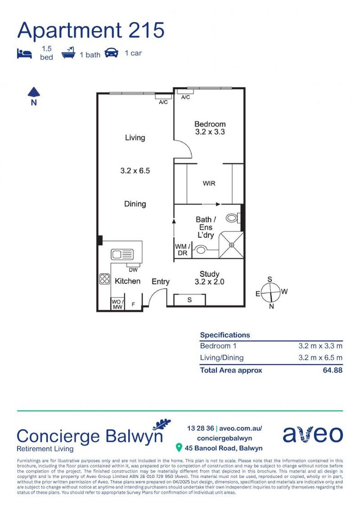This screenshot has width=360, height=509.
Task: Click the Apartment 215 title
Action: coord(91,30)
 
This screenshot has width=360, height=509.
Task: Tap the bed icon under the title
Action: coord(25,53)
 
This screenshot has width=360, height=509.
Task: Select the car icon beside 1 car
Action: coord(111,53)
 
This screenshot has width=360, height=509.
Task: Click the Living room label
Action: coord(135,138)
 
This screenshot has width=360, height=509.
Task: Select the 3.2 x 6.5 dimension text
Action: coord(135,171)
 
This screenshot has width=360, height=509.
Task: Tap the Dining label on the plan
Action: coord(135,204)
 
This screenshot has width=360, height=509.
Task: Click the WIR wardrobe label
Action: coord(209,183)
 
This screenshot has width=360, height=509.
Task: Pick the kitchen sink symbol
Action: coord(122,254)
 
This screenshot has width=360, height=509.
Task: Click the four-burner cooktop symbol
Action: coord(105,279)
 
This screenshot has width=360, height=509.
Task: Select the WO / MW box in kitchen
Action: coord(117,304)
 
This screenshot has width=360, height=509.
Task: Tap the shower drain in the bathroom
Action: coord(231,245)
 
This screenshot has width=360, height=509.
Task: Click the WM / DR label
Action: coord(182,250)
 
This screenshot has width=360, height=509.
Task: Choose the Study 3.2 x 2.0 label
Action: coord(209,278)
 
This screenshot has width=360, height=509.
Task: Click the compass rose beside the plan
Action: coord(270,293)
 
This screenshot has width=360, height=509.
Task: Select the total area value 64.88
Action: coord(333,370)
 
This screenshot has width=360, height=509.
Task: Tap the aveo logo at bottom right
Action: coord(312,435)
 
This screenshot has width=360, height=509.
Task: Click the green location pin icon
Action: coord(179,447)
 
